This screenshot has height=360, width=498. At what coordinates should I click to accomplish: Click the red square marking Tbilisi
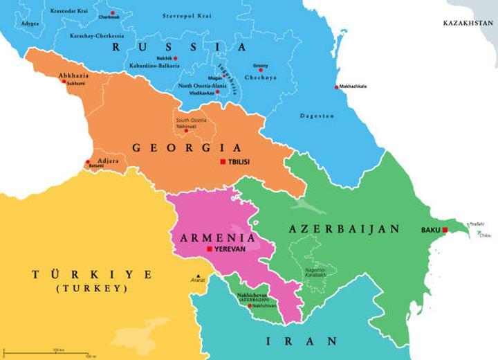coord(223,162)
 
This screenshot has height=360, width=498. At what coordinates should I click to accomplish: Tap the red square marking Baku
coord(446,230)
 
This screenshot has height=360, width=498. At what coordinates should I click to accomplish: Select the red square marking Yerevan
coord(209,249)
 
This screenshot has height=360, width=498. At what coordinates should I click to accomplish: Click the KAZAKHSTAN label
coord(468,23)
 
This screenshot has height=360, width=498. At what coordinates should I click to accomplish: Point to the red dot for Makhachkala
coord(337,87)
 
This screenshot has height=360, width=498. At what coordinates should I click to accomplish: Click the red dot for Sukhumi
coord(64,82)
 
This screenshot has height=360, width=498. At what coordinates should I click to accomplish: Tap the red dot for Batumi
coord(87,164)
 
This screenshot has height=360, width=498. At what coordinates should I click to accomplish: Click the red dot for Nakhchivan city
coord(249,305)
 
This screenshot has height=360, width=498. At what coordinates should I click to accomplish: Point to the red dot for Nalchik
coord(176,58)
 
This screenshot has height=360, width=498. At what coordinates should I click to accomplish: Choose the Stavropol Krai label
coord(186,15)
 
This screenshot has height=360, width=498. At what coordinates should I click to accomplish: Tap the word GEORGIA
coord(187,147)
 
